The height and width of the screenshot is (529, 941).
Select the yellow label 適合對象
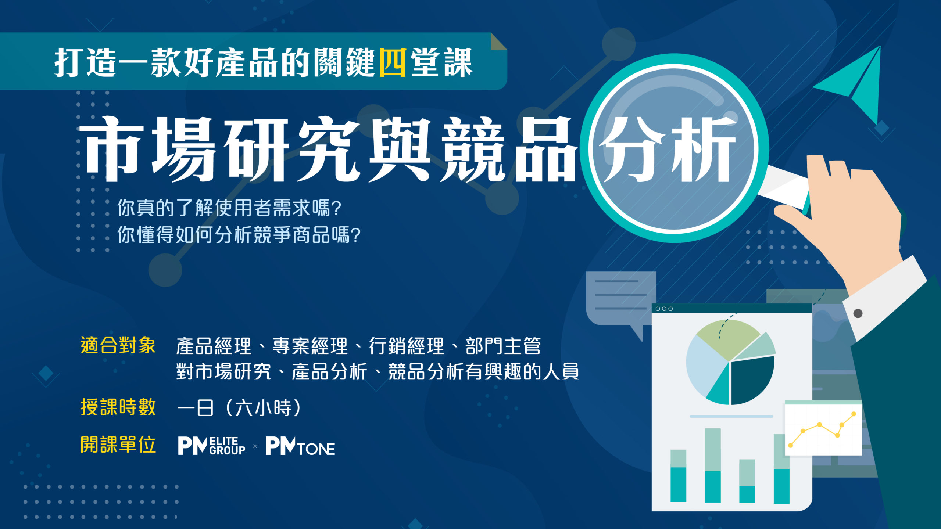118,346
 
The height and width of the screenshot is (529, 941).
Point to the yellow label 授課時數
118,407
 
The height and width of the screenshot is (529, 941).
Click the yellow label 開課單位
118,445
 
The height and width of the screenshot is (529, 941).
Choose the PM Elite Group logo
211,446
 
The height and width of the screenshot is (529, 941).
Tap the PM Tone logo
300,446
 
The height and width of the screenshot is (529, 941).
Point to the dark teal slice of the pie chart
752,380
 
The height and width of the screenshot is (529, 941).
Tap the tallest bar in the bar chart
713,465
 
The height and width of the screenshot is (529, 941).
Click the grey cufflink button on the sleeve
858,313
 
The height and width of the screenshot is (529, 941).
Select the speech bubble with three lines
621,299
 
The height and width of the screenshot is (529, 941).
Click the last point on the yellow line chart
854,414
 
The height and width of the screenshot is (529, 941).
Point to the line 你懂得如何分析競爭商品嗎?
239,235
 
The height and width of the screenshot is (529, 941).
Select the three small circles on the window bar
664,309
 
